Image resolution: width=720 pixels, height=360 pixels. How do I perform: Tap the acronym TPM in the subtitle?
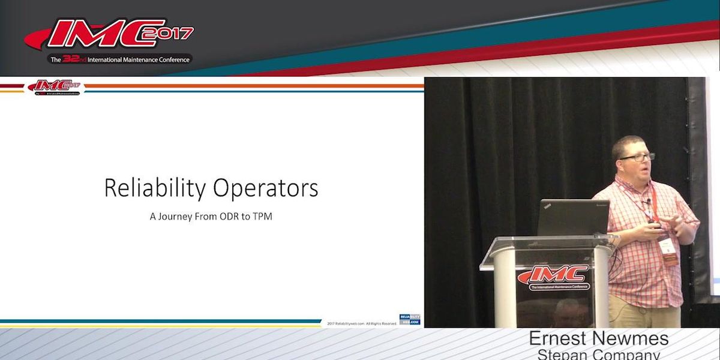(x=263, y=217)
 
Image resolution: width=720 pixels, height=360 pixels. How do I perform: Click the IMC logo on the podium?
(x=553, y=277)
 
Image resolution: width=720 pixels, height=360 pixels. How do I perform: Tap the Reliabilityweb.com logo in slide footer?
(x=410, y=320)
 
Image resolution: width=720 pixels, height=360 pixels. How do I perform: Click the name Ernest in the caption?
(x=560, y=338)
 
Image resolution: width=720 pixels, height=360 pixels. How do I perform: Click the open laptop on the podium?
(x=573, y=218)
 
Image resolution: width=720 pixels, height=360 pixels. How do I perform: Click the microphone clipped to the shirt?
(x=649, y=202)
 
